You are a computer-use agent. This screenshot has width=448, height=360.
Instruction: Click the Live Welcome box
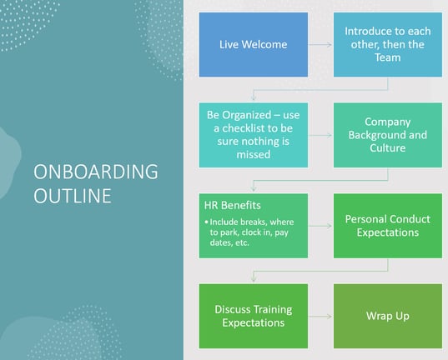[x=254, y=44]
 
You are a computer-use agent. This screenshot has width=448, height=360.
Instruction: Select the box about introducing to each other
[x=388, y=44]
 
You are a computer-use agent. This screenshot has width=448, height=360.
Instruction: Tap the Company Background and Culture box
[x=388, y=135]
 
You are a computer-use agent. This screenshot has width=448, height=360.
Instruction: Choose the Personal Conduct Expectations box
[x=388, y=226]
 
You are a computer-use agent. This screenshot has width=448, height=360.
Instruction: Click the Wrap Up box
[x=388, y=316]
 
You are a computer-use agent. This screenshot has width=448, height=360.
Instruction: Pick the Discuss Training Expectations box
[x=254, y=316]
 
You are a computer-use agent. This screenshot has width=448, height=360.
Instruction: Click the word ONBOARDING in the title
[x=96, y=172]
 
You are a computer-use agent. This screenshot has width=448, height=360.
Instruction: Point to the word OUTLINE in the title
[x=73, y=196]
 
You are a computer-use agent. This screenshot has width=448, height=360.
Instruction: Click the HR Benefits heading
[x=232, y=205]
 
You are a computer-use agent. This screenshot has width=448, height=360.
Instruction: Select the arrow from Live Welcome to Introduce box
[x=320, y=44]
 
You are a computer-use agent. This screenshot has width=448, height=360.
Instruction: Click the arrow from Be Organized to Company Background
[x=320, y=135]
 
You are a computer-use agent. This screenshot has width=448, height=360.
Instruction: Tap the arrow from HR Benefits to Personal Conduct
[x=320, y=226]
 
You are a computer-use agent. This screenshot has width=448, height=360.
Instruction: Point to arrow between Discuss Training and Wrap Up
[x=320, y=317]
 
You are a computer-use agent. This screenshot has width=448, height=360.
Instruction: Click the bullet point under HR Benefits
[x=206, y=222]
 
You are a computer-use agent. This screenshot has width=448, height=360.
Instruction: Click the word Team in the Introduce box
[x=388, y=57]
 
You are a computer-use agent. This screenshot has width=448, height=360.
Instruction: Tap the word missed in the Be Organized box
[x=254, y=154]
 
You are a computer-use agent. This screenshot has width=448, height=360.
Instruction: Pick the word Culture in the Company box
[x=388, y=147]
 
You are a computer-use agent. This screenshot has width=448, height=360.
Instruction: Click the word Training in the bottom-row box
[x=273, y=310]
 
